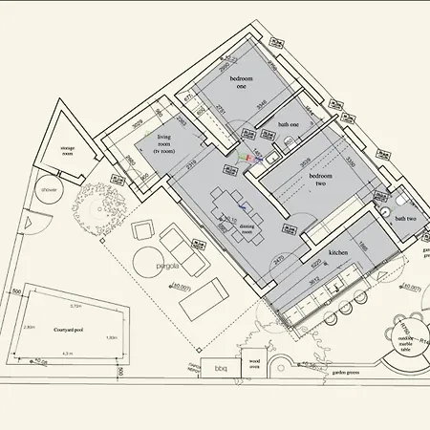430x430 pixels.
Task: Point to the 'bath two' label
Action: point(404,220)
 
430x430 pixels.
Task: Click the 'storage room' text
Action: point(68,150)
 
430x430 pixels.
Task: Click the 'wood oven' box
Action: point(253,364)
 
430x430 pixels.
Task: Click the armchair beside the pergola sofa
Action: point(142,229)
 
